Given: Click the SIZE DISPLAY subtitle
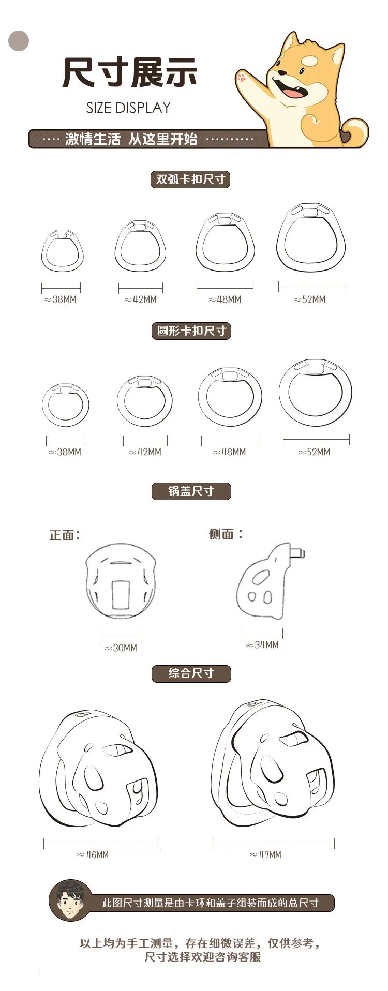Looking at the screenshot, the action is [x=128, y=108].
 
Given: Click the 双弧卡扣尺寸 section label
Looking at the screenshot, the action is [x=190, y=179].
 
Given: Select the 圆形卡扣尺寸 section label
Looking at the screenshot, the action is [x=191, y=331].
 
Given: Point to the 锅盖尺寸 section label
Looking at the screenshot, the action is [x=191, y=491].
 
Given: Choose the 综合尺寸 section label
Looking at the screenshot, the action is [x=191, y=673].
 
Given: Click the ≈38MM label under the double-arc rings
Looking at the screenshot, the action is [x=60, y=299].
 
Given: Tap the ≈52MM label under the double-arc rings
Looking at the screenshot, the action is [x=310, y=299].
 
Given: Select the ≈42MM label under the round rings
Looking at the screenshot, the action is [x=145, y=452].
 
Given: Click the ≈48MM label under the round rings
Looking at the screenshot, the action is [x=229, y=452].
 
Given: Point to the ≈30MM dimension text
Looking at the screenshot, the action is [x=121, y=648].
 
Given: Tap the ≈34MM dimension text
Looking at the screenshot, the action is [x=262, y=645].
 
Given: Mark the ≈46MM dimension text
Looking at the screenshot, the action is [x=93, y=855].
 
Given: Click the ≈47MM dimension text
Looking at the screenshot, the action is [x=265, y=855].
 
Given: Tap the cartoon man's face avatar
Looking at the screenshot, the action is [x=70, y=900].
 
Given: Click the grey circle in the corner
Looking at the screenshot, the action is [x=19, y=41].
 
